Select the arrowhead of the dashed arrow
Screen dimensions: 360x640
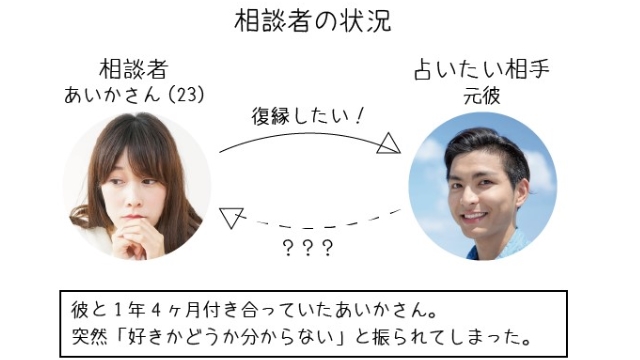(231, 214)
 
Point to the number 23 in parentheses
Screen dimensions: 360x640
(185, 96)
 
